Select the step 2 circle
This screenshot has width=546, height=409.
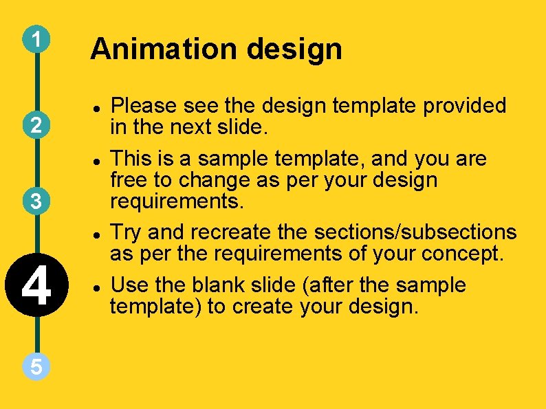pos(36,125)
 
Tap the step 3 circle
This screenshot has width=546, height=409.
pos(36,201)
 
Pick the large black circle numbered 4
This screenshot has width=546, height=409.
pos(36,286)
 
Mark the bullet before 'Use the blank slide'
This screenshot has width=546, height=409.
pos(99,285)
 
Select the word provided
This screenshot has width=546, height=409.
pos(465,106)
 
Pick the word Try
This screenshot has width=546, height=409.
pos(127,232)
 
